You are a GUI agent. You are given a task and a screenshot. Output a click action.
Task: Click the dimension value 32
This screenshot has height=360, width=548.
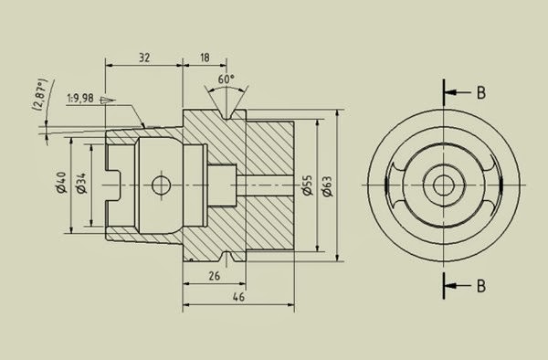point(144,56)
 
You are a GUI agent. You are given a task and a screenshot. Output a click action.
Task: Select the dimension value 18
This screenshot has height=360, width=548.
point(203,56)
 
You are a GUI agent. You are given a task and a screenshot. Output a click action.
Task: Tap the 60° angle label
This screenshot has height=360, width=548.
point(226,79)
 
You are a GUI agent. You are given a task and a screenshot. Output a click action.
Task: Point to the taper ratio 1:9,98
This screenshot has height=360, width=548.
point(85,99)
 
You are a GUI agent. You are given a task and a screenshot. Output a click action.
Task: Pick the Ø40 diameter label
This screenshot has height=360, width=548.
point(61,184)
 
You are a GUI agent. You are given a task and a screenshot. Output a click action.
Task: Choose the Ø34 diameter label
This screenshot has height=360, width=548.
point(80,184)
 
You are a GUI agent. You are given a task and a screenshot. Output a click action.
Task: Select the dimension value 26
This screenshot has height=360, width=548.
point(214,275)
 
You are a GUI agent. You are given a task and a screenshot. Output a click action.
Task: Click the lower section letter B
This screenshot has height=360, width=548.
point(480,285)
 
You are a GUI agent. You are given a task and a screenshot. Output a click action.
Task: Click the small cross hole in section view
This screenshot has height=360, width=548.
point(163,185)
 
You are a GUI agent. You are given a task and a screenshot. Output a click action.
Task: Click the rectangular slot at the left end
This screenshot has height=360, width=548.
point(114,185)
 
